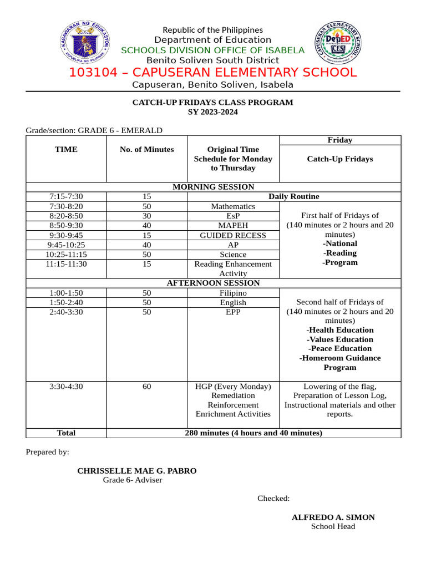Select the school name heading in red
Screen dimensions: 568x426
click(x=213, y=73)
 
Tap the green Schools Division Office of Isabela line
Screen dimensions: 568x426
click(x=213, y=50)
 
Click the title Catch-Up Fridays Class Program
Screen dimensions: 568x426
click(x=212, y=103)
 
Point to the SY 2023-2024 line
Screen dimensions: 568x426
click(x=212, y=112)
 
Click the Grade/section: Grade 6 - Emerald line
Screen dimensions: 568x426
click(x=94, y=130)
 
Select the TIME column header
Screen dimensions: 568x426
click(x=66, y=149)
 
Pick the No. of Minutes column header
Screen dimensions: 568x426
click(x=146, y=149)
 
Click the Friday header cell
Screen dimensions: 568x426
click(x=339, y=140)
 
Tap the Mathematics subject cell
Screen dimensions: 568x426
click(x=233, y=206)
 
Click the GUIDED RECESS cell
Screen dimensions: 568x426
click(x=233, y=235)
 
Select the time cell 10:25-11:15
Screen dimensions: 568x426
click(x=66, y=255)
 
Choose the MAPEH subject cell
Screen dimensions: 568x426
click(x=233, y=226)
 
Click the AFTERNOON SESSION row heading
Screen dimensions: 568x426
click(x=213, y=283)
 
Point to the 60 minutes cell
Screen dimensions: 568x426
click(x=146, y=386)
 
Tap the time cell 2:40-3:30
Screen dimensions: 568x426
click(x=66, y=312)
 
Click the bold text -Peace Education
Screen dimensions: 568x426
click(x=339, y=348)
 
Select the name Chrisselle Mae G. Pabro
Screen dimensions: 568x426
click(x=136, y=471)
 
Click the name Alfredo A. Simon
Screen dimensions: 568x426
click(x=333, y=517)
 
